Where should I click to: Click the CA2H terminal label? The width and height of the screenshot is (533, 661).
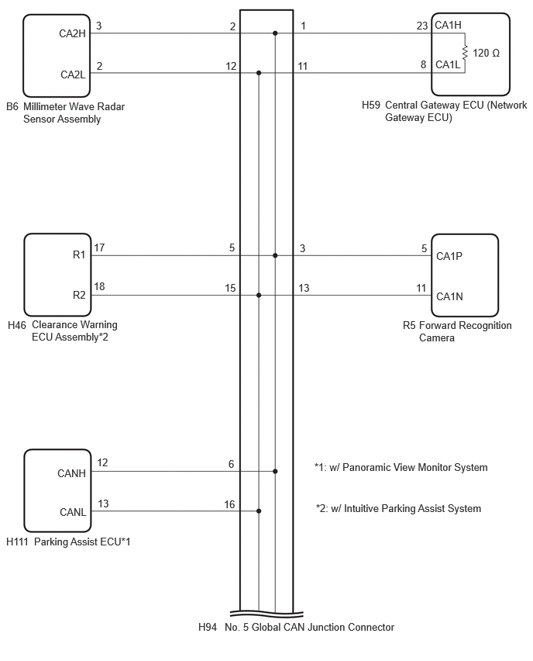[72, 33]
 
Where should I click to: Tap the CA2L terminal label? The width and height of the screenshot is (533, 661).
[73, 74]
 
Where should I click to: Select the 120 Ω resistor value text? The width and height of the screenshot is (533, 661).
[486, 53]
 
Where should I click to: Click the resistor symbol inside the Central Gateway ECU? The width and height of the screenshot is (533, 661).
[465, 53]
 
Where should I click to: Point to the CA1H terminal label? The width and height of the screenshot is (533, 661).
[448, 26]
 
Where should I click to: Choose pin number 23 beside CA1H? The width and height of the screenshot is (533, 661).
[422, 26]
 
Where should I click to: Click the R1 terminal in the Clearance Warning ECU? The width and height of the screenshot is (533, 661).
[79, 254]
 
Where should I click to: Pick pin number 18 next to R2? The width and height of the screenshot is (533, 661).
[99, 286]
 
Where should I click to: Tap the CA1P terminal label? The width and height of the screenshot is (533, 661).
[449, 256]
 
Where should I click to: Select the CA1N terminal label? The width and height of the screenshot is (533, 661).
[449, 297]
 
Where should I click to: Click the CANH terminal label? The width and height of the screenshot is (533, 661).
[71, 473]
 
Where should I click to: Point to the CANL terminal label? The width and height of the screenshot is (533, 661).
[73, 512]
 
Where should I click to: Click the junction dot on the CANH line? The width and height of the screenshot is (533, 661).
[275, 471]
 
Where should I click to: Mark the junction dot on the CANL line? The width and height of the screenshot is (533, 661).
[259, 511]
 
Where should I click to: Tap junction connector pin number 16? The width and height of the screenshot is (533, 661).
[229, 504]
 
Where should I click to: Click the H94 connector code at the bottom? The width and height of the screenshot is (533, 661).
[208, 628]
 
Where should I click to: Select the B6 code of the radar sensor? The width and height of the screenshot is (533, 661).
[12, 106]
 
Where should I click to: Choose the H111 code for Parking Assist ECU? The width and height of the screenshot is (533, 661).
[17, 542]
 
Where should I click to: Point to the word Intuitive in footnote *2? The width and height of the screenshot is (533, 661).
[362, 508]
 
